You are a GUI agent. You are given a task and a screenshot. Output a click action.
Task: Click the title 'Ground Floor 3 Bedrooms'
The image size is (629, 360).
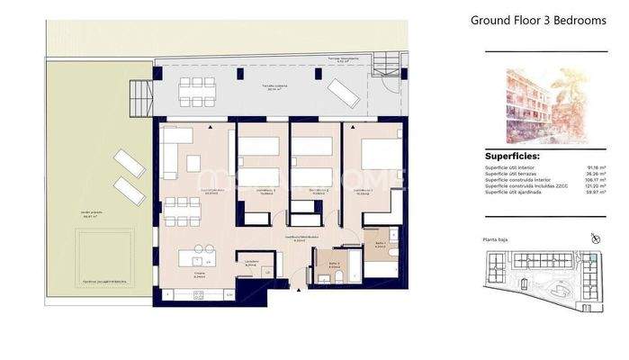pyautogui.click(x=538, y=20)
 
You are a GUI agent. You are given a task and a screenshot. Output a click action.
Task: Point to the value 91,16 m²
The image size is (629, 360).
pyautogui.click(x=592, y=166)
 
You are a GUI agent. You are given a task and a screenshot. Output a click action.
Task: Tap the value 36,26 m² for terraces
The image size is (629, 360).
pyautogui.click(x=592, y=173)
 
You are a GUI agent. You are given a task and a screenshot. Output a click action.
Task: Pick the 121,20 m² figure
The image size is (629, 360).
pyautogui.click(x=591, y=185)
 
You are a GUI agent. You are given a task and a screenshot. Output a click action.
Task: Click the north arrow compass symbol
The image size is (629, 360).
pyautogui.click(x=594, y=238)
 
